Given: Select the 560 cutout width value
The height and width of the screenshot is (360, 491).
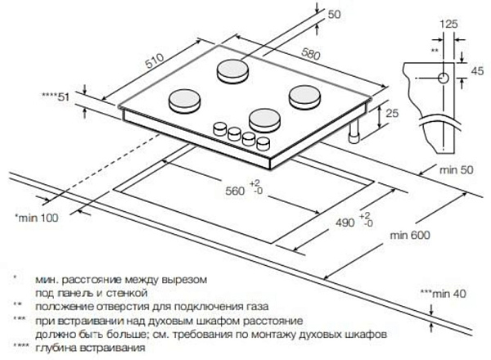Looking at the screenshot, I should [236, 190].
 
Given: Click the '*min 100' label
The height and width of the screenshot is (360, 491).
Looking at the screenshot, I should [38, 218].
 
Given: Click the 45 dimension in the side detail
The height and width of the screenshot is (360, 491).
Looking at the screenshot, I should [474, 71].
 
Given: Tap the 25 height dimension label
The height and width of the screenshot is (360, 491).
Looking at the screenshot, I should [391, 112].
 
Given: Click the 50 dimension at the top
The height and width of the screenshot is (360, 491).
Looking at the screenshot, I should [332, 16].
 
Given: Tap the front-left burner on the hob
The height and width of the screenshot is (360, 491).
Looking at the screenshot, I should [183, 101].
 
